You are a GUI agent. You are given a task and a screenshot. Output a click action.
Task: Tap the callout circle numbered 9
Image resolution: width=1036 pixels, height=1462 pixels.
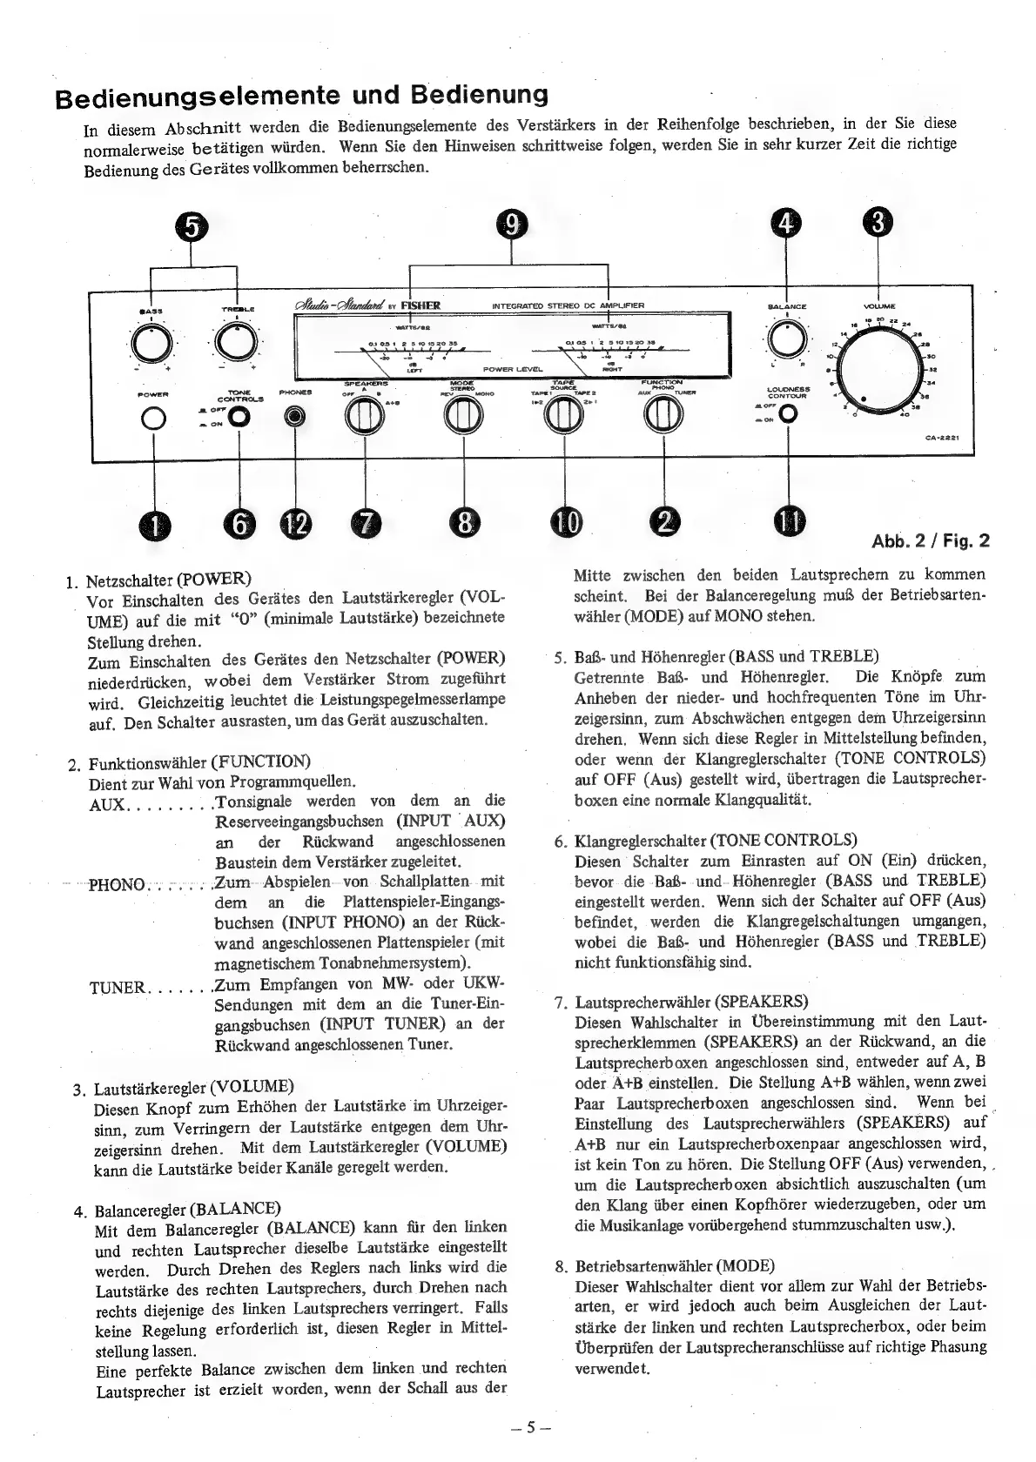[x=512, y=225]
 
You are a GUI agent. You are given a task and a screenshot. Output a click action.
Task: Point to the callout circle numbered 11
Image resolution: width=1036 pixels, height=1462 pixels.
[x=790, y=522]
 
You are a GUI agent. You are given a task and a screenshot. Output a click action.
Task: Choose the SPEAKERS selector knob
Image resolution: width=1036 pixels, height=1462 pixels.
[x=364, y=419]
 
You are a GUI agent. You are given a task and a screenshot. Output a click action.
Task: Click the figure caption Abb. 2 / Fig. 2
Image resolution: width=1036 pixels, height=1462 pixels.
[x=930, y=541]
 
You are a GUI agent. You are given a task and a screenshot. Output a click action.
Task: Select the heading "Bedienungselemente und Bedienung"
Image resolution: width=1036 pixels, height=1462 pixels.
[x=302, y=94]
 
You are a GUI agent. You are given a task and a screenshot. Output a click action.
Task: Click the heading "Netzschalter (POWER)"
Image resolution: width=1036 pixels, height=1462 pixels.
[x=169, y=579]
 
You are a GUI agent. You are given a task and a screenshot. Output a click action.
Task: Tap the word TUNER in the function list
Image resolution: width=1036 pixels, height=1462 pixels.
[x=118, y=988]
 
